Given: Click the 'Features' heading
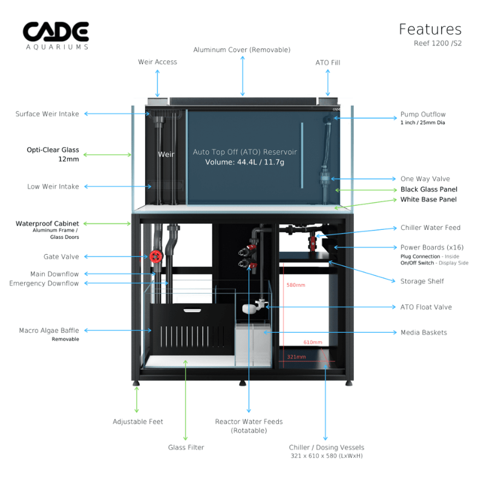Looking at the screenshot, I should click(x=430, y=29).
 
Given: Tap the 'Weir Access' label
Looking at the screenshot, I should click(x=157, y=62).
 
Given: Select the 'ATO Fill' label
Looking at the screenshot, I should click(x=328, y=62).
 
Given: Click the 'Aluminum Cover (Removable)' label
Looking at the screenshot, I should click(x=241, y=50).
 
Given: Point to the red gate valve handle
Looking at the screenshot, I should click(x=157, y=256).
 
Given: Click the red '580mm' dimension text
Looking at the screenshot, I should click(x=296, y=285).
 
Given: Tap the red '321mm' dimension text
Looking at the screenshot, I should click(x=296, y=357).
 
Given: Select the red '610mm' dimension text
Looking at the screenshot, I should click(x=313, y=342).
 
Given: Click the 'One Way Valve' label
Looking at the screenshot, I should click(x=425, y=179).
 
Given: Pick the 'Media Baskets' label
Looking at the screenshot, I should click(x=423, y=332).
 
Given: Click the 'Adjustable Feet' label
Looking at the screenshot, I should click(x=138, y=422).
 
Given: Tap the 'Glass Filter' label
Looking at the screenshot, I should click(x=186, y=447).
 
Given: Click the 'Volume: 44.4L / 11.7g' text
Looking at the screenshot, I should click(x=245, y=162).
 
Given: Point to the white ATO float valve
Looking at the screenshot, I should click(x=249, y=309).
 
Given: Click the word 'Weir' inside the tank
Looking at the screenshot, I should click(x=166, y=154).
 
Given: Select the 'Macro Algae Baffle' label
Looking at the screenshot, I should click(x=49, y=330).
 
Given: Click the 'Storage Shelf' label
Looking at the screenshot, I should click(x=422, y=281).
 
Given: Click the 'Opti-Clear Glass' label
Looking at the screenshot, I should click(x=53, y=150).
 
